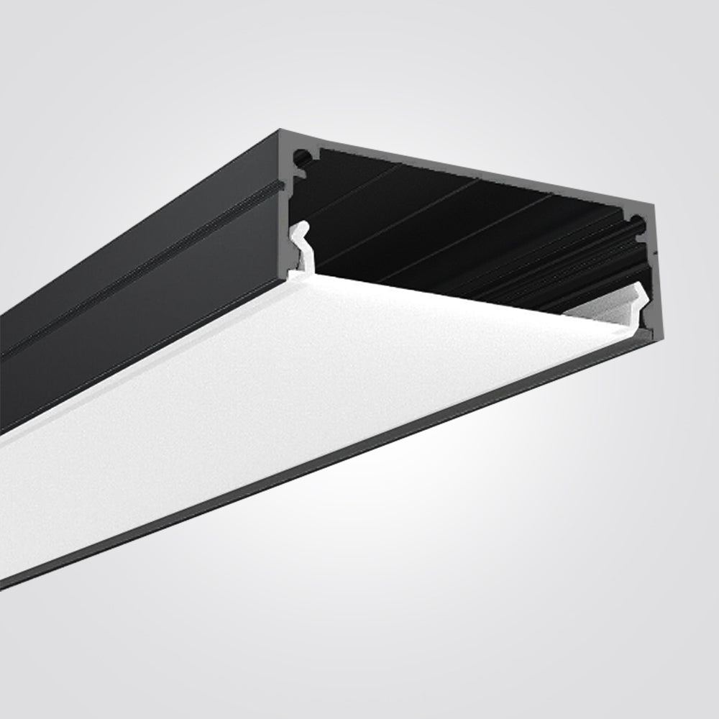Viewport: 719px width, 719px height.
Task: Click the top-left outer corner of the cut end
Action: click(x=279, y=131)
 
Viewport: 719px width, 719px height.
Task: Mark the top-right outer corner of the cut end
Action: click(x=656, y=204)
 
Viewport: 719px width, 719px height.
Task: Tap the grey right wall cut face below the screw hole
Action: click(x=649, y=288)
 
